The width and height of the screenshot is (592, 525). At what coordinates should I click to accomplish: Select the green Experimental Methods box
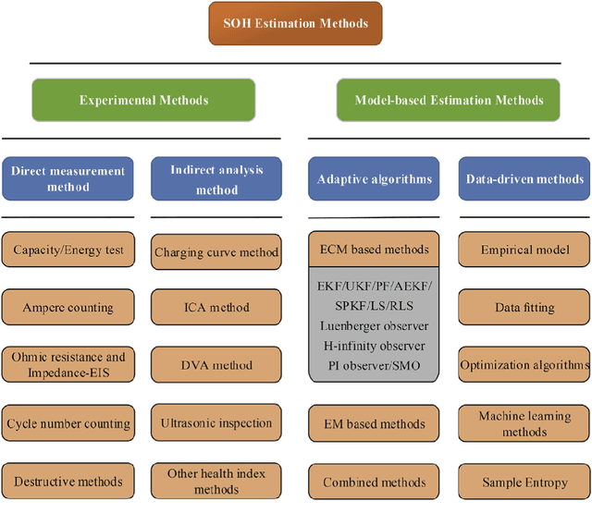143,100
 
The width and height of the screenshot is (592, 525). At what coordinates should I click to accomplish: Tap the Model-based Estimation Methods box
449,100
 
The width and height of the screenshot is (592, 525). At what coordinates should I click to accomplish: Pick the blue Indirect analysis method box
216,178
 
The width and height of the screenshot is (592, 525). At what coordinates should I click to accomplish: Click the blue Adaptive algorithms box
374,178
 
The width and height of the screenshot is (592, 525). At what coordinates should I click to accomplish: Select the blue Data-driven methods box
524,178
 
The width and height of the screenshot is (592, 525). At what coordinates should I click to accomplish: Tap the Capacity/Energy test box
68,250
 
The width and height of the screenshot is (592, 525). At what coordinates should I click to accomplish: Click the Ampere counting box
68,307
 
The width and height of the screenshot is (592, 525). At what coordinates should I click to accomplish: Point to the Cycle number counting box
68,424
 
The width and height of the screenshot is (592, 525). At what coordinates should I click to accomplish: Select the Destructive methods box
68,482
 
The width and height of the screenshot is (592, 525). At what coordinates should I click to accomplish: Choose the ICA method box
216,307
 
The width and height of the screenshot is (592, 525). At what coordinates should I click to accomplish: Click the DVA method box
216,365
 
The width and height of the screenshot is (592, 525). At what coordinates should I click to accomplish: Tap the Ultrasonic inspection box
216,424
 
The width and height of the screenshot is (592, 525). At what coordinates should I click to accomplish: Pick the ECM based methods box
374,250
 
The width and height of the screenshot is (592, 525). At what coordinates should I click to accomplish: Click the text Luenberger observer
374,326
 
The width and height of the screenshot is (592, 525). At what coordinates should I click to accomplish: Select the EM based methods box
374,424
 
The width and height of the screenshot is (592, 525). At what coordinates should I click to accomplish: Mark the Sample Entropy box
524,482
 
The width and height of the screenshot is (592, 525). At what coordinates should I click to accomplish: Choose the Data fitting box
524,307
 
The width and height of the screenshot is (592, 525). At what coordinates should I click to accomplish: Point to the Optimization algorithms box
524,365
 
